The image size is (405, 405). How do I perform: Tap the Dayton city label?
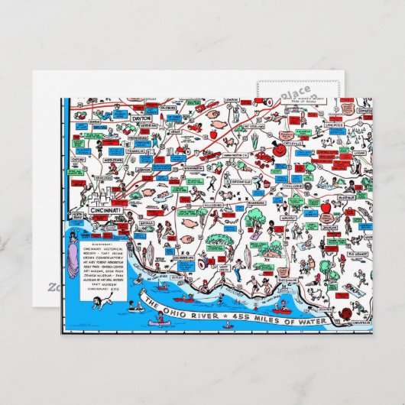point(141,119)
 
